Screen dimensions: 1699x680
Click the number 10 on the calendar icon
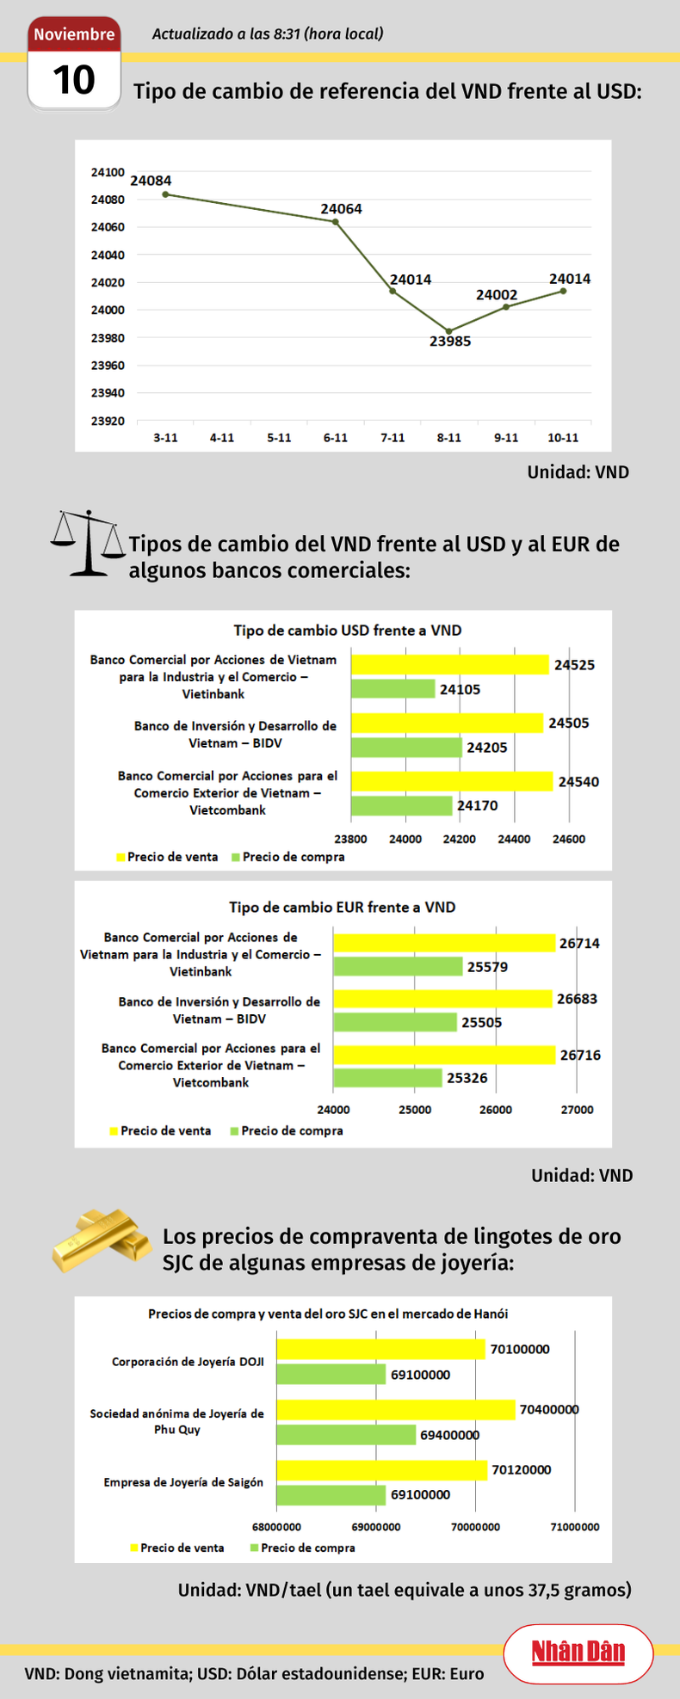click(73, 80)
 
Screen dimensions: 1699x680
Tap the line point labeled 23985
click(448, 331)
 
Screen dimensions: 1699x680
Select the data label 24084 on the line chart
click(151, 181)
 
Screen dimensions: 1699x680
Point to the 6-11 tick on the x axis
click(336, 438)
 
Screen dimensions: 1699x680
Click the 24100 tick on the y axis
click(108, 172)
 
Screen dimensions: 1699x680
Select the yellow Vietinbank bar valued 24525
click(449, 665)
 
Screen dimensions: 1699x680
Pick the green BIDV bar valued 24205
click(405, 748)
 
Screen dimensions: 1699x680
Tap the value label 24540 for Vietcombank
click(578, 782)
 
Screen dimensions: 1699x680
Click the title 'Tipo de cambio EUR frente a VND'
click(342, 907)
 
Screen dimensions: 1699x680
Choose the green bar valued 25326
click(387, 1078)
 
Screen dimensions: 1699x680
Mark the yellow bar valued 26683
click(442, 999)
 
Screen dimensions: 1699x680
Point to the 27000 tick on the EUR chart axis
click(577, 1110)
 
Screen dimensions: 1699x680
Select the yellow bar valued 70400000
click(395, 1409)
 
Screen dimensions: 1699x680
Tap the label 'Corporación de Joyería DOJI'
click(188, 1362)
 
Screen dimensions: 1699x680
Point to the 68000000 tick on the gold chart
click(276, 1527)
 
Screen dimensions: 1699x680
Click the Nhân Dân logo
click(578, 1653)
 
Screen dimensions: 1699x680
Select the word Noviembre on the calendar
click(74, 34)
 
